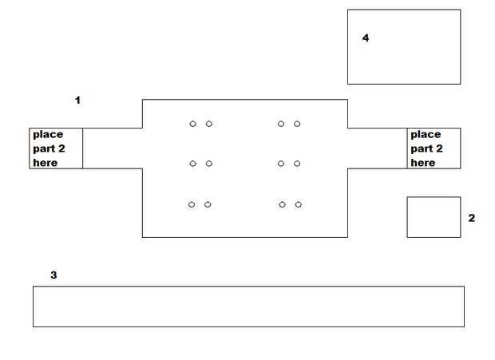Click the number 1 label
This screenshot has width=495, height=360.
coord(77,101)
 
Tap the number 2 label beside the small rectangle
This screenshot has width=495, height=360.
coord(471,217)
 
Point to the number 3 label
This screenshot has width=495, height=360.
coord(53,275)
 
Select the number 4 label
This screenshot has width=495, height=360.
coord(366,38)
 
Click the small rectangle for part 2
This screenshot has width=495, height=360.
coord(434,217)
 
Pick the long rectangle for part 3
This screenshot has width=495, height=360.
coord(248,307)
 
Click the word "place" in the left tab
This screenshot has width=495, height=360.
coord(48,134)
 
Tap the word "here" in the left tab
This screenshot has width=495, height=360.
coord(46,163)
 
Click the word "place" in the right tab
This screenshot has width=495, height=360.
coord(426,134)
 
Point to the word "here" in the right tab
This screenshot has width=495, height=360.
coord(423,163)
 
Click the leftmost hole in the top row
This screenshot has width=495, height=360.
coord(192,124)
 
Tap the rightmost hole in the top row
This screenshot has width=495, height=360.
coord(297,124)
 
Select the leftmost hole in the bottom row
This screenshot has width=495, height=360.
coord(192,204)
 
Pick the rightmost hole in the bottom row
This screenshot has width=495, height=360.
coord(298,204)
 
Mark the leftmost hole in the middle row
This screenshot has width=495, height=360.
coord(192,164)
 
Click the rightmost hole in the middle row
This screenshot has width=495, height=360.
coord(297,164)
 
